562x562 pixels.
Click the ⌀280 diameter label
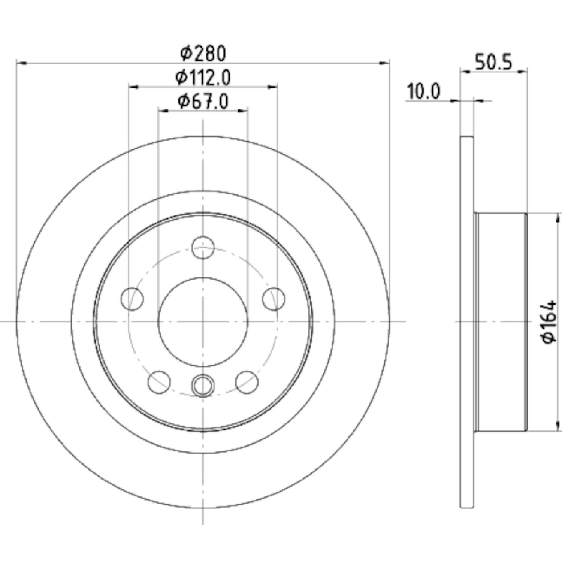[203, 54]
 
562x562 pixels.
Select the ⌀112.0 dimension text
[203, 78]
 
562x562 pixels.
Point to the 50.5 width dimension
[493, 62]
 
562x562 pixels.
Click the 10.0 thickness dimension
[424, 92]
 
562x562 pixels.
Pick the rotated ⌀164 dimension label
[550, 321]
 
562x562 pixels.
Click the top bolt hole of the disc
[203, 247]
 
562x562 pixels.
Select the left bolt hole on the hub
[132, 299]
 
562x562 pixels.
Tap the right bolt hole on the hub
[274, 299]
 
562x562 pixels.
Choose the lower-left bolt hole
[159, 382]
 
